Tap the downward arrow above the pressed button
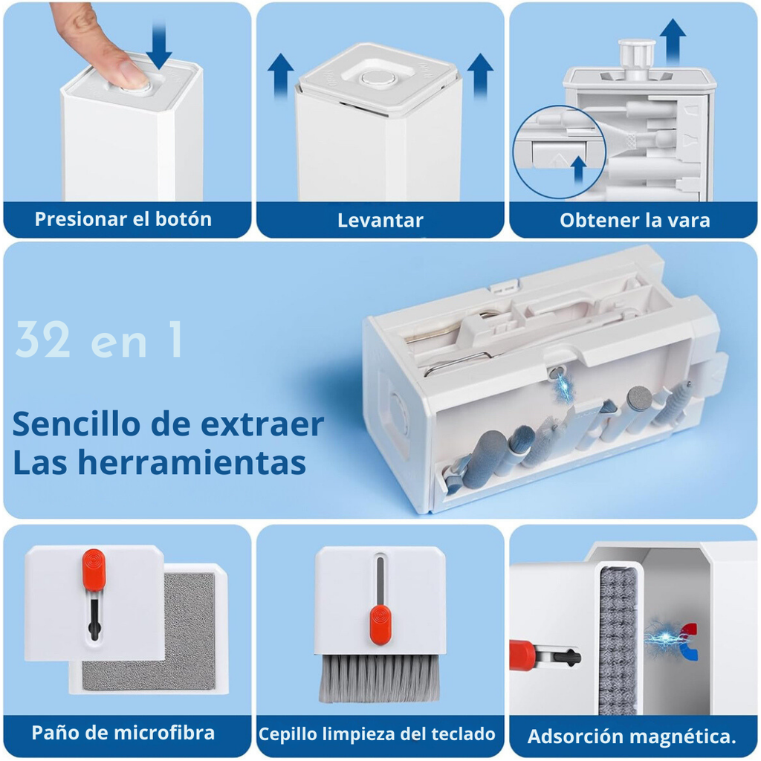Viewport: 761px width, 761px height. [x=159, y=45]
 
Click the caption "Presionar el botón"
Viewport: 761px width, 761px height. [x=123, y=219]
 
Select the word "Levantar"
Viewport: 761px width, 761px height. [x=380, y=220]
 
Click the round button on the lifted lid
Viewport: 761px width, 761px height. [x=378, y=78]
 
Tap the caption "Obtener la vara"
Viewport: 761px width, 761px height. [x=635, y=220]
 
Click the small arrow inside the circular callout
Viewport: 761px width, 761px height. [x=578, y=169]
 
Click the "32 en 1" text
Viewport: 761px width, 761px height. [x=100, y=340]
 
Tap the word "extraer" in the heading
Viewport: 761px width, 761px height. [x=262, y=424]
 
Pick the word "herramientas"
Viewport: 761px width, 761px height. [x=192, y=462]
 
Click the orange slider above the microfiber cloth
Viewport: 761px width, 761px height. [x=94, y=570]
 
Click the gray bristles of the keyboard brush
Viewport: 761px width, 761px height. [x=379, y=678]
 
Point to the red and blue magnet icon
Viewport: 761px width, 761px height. [x=688, y=642]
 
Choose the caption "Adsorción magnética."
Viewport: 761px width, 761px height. [x=632, y=736]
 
